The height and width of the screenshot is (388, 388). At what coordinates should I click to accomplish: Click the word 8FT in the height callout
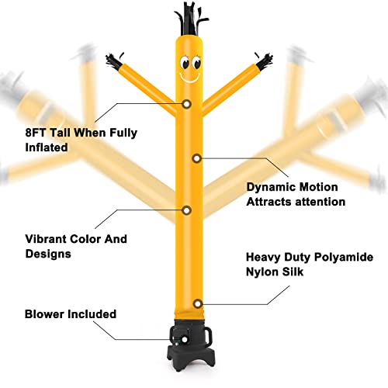click(35, 133)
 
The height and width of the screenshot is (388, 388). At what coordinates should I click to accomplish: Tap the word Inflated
click(47, 147)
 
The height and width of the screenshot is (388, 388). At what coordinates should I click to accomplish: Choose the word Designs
click(48, 254)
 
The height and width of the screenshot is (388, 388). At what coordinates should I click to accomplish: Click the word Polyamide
click(344, 258)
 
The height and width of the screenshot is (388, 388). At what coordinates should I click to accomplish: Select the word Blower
click(44, 314)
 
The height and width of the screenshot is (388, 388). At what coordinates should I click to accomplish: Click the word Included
click(92, 314)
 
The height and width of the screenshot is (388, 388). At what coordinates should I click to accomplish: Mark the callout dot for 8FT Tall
click(186, 104)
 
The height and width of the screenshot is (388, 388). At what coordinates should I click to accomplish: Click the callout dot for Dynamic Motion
click(197, 158)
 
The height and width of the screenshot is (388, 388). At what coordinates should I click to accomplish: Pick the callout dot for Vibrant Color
click(186, 210)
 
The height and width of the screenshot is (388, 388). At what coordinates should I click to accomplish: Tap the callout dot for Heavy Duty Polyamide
click(198, 303)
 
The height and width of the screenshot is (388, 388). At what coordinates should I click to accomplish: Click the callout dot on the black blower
click(185, 339)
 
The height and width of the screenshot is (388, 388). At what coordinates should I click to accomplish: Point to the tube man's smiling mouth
click(190, 78)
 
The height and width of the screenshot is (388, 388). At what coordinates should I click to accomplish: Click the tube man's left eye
click(185, 63)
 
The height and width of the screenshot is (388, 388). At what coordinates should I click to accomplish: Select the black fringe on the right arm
click(264, 61)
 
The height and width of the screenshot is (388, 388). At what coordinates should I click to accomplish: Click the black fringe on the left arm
click(114, 61)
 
